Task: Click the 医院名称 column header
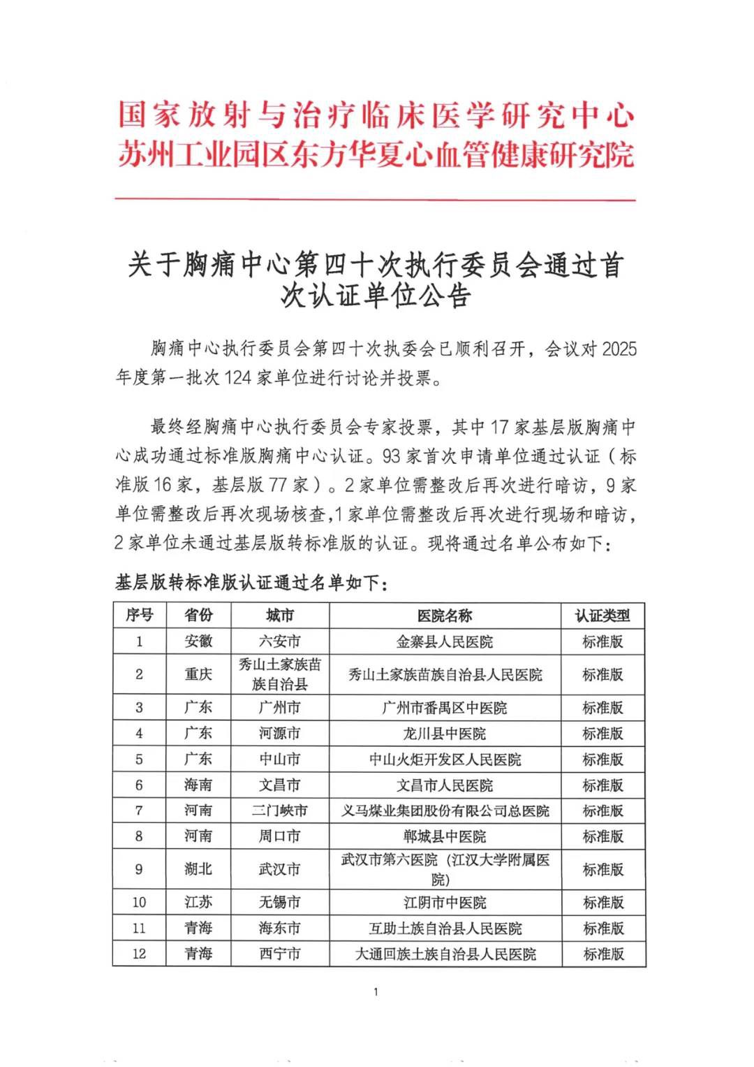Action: (445, 616)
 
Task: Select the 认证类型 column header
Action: (603, 616)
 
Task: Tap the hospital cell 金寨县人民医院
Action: (445, 641)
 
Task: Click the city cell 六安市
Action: (279, 641)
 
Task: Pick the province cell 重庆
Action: (198, 674)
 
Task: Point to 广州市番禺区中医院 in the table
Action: (445, 708)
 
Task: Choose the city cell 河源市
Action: (279, 734)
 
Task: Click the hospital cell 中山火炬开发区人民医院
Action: (445, 760)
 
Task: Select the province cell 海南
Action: (198, 785)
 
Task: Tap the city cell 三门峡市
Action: (279, 811)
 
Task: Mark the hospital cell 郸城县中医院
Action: (445, 836)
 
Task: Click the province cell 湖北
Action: (198, 869)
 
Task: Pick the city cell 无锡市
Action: (279, 902)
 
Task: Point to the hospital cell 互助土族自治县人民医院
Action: (445, 928)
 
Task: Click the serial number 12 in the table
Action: (139, 954)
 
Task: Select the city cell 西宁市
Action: (279, 954)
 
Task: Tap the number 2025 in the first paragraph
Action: (619, 349)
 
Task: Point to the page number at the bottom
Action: (376, 992)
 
